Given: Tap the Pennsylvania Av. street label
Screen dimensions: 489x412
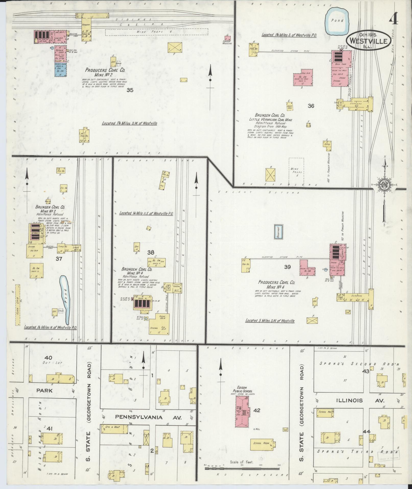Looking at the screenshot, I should point(148,417).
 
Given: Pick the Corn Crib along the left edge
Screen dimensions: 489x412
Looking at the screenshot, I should point(18,305).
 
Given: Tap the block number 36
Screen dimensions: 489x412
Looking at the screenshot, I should point(311,106).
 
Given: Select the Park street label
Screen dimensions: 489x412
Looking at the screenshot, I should point(44,390).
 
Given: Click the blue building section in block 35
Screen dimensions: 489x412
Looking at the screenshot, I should point(61,70).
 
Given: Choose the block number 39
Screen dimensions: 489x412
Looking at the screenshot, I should point(287,267).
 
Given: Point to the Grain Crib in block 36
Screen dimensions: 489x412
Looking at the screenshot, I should point(290,107).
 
